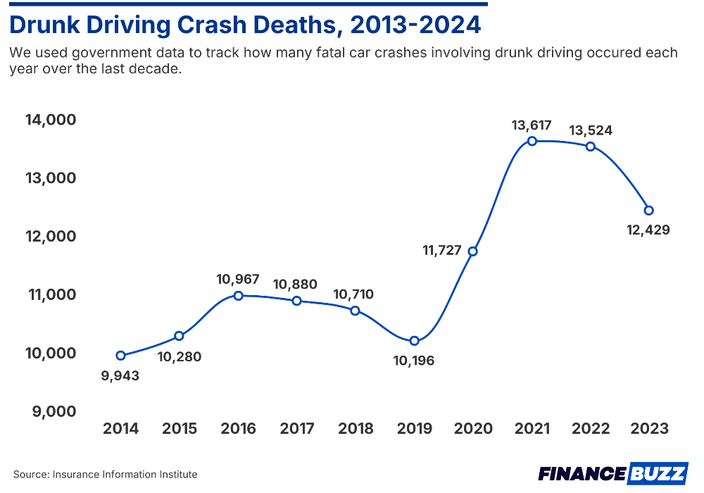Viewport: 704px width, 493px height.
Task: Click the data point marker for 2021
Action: pyautogui.click(x=532, y=141)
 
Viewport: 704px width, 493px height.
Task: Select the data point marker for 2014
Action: pyautogui.click(x=120, y=356)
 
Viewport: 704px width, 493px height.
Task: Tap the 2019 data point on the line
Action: pyautogui.click(x=415, y=341)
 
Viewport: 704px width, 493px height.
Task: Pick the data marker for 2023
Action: pyautogui.click(x=649, y=210)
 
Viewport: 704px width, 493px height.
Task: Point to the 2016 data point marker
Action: pyautogui.click(x=238, y=296)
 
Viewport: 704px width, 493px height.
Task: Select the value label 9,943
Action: pyautogui.click(x=120, y=375)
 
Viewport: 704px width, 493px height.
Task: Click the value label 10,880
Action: pyautogui.click(x=294, y=285)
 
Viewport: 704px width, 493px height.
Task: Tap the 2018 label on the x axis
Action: pyautogui.click(x=356, y=429)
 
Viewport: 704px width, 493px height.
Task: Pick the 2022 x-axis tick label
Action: pyautogui.click(x=591, y=429)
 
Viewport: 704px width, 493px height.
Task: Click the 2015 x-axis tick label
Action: pyautogui.click(x=180, y=429)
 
